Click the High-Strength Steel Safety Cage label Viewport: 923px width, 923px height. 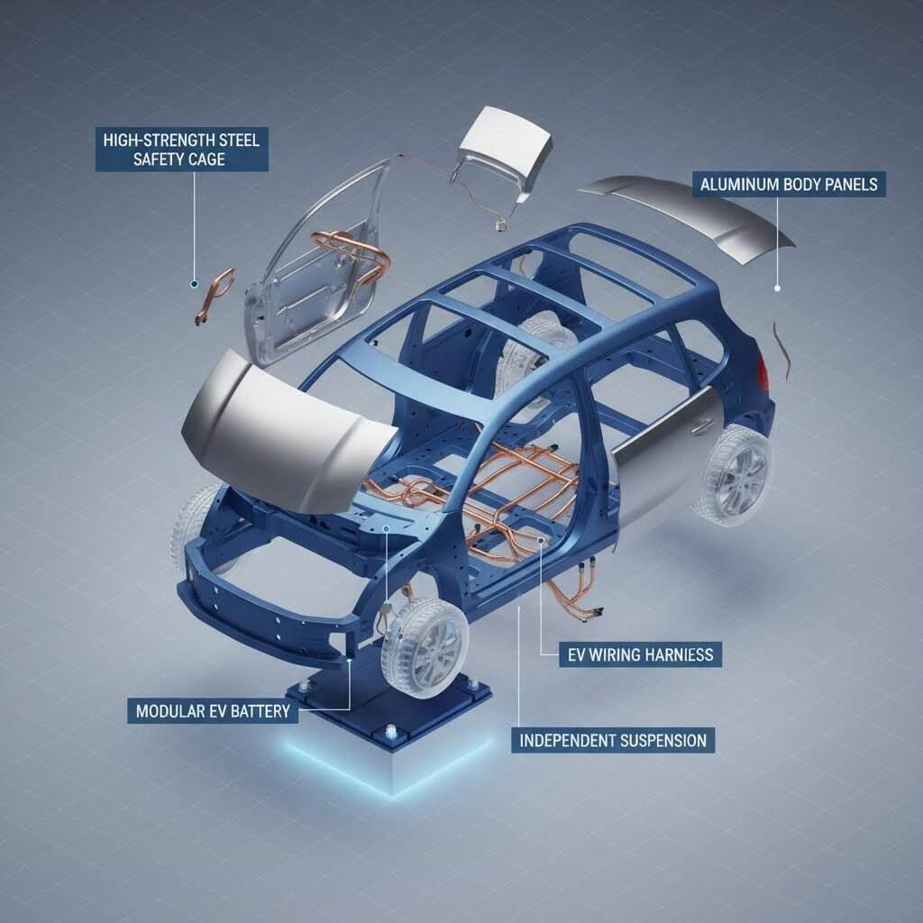[x=182, y=150]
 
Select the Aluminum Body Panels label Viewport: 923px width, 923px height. [x=789, y=186]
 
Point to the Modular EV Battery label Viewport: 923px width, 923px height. [x=213, y=711]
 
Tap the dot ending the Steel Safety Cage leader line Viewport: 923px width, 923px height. [x=193, y=283]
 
